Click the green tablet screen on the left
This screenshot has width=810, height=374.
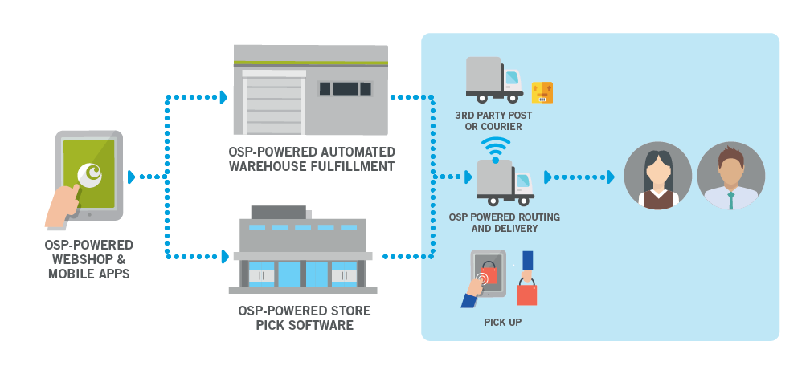(x=89, y=165)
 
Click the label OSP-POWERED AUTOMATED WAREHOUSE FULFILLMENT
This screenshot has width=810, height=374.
(x=312, y=159)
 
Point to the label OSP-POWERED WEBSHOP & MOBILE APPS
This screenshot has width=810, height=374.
(x=89, y=259)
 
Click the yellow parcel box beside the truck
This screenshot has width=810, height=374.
(x=542, y=92)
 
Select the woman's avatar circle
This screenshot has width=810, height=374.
(x=658, y=176)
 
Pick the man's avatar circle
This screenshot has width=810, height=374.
(x=730, y=176)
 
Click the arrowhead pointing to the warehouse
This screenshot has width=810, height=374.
(x=223, y=97)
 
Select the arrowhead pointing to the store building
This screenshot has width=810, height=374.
(x=224, y=257)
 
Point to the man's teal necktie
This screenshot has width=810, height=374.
(x=730, y=199)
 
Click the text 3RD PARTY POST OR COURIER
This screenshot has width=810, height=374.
(x=493, y=121)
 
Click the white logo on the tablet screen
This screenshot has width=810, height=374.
(x=90, y=173)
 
